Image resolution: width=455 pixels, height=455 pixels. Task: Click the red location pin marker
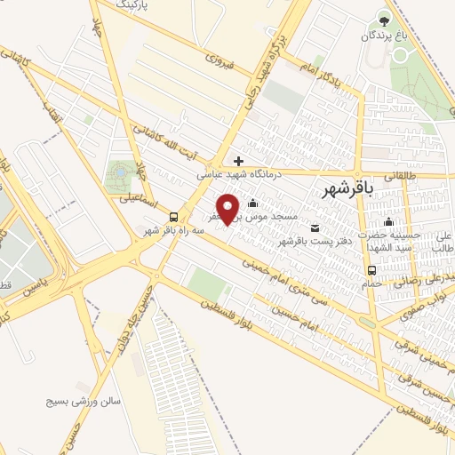pyautogui.click(x=228, y=208)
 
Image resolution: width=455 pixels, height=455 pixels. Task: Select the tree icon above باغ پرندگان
pyautogui.click(x=384, y=18)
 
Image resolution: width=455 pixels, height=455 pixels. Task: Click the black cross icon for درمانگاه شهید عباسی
pyautogui.click(x=239, y=161)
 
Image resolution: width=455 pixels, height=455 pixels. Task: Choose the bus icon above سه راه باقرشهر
pyautogui.click(x=172, y=217)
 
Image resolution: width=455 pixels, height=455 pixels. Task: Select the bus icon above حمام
pyautogui.click(x=371, y=270)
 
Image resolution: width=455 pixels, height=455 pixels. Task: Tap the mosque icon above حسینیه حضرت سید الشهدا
pyautogui.click(x=387, y=222)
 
